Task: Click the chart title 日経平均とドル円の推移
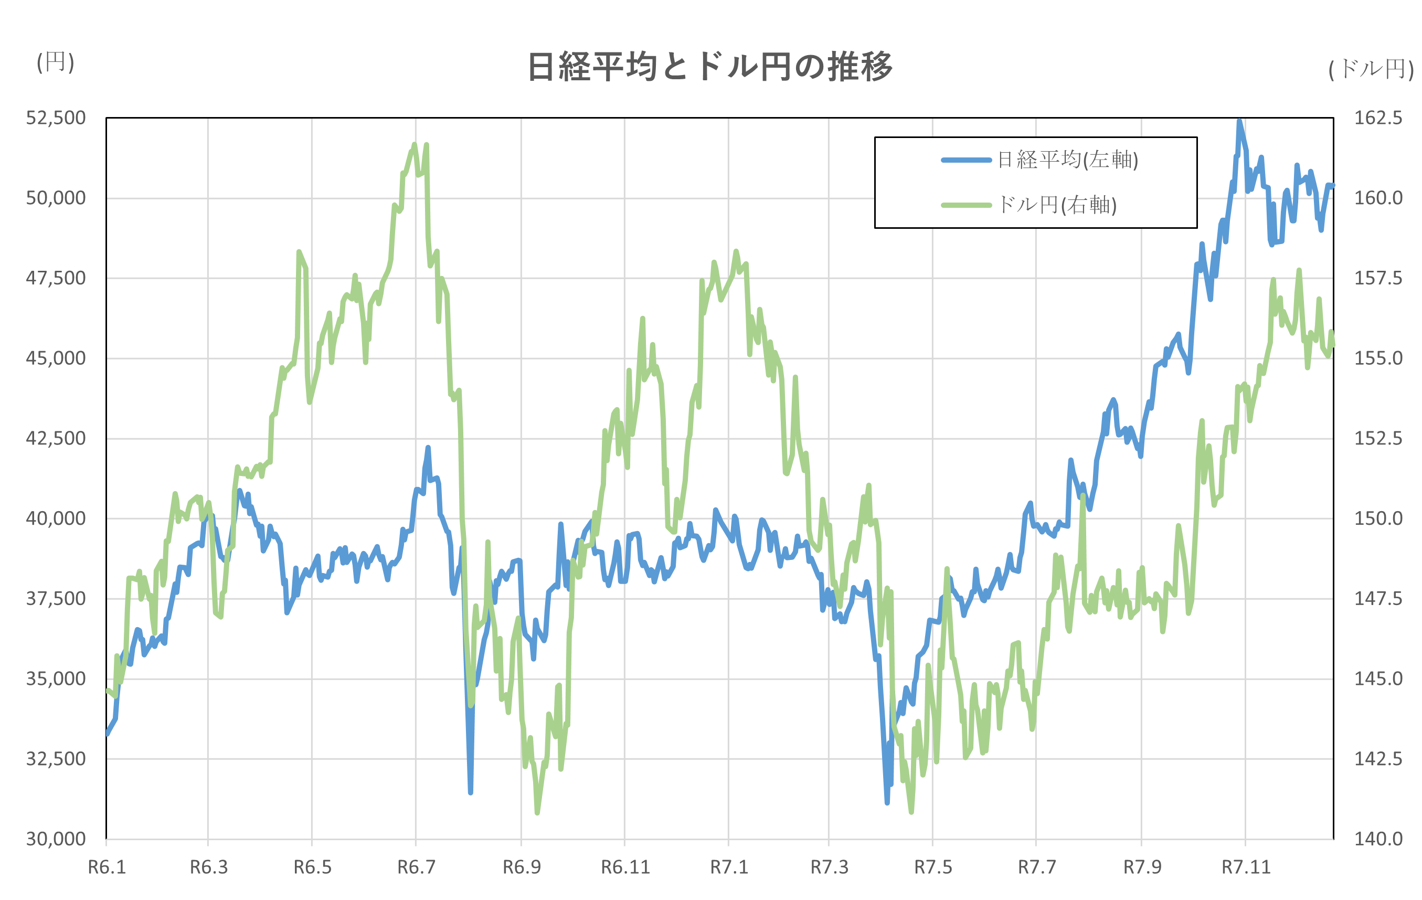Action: (x=709, y=67)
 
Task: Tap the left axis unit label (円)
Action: (x=56, y=61)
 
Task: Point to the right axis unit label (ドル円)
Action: (x=1371, y=69)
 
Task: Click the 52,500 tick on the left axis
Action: (x=56, y=118)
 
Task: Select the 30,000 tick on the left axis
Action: (x=56, y=839)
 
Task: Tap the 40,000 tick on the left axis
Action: (x=56, y=518)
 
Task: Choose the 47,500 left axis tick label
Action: (x=56, y=278)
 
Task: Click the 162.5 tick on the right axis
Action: (x=1378, y=118)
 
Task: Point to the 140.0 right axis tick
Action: (x=1378, y=839)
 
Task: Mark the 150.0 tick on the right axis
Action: (x=1378, y=518)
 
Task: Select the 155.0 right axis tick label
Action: (x=1378, y=358)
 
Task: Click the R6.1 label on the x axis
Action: (x=107, y=867)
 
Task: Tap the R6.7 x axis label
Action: (x=416, y=867)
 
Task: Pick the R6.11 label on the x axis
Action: (x=625, y=867)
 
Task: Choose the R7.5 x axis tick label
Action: (x=933, y=867)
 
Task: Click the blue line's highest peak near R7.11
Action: (x=1239, y=121)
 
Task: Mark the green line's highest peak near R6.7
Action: (x=414, y=144)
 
